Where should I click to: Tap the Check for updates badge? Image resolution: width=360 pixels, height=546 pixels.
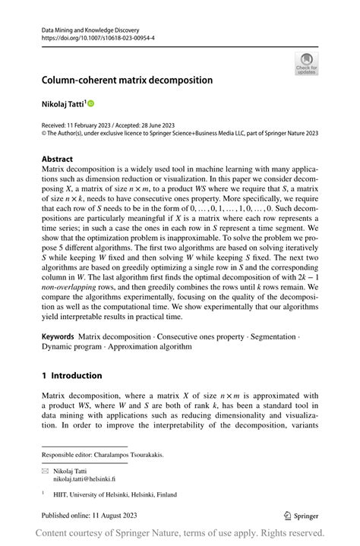306,63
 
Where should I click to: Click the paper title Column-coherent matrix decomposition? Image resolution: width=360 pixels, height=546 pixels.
127,80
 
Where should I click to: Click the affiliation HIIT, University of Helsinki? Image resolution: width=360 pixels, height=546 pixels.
91,494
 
